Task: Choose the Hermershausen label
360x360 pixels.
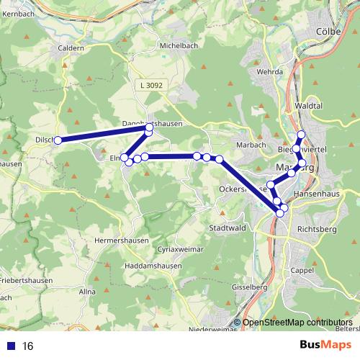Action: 123,239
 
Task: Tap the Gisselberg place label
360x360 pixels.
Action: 249,288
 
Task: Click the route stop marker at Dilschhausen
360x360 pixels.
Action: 58,140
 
